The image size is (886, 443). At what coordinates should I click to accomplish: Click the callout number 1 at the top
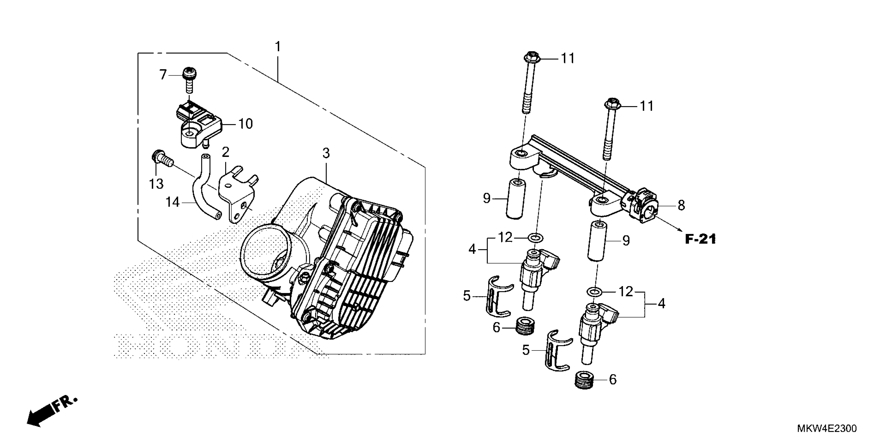coord(278,46)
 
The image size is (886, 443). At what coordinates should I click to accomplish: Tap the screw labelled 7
coord(188,79)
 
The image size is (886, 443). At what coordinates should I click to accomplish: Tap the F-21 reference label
coord(700,239)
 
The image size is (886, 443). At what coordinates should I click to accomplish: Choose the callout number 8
coord(681,205)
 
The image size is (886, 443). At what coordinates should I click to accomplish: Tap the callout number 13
coord(156,184)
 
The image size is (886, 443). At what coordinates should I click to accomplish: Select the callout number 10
coord(245,124)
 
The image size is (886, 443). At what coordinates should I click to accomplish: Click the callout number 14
coord(173,202)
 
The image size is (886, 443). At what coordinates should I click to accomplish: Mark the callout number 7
coord(163,74)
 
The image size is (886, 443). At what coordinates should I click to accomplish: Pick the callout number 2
coord(225,152)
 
